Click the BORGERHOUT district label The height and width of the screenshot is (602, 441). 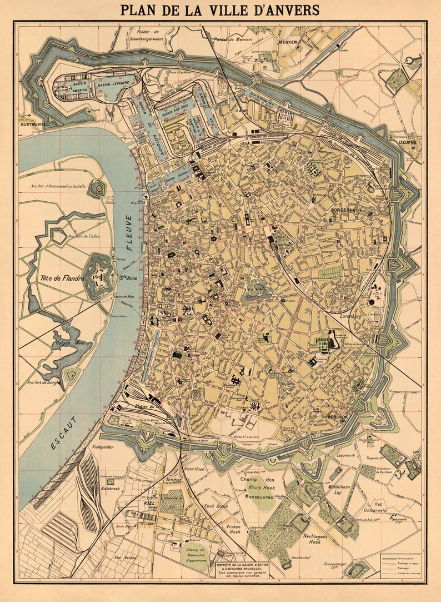(x=347, y=211)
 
